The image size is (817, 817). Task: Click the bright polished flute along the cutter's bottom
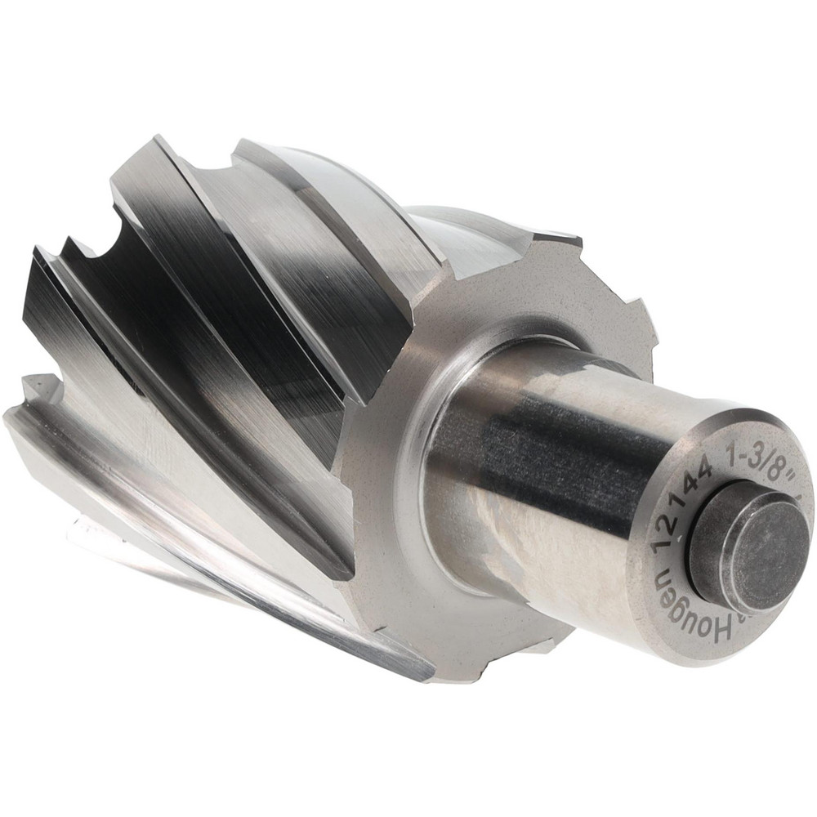tap(245, 588)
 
